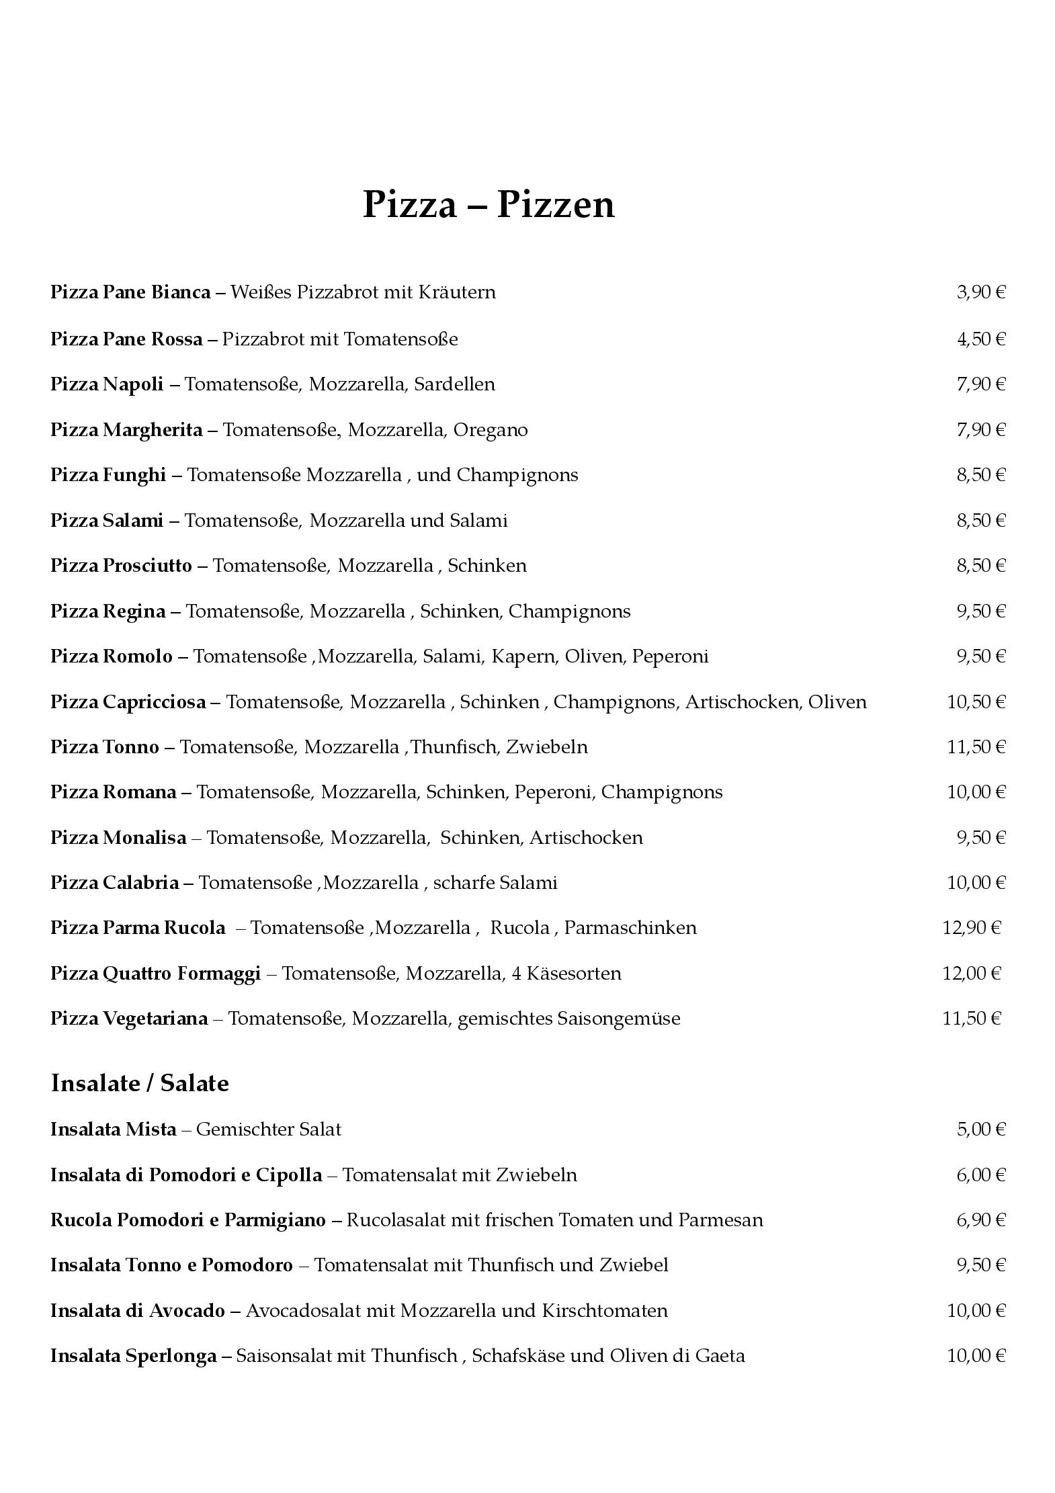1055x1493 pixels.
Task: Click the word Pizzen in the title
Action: tap(556, 204)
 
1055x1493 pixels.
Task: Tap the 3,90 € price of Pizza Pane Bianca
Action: tap(980, 292)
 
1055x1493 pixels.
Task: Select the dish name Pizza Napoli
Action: tap(107, 384)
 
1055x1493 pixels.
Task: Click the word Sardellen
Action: tap(454, 384)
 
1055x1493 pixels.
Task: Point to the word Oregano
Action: tap(491, 430)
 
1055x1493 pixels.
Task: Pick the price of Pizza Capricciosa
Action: tap(976, 702)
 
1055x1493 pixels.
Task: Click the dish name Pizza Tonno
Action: tap(105, 747)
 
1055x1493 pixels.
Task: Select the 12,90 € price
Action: tap(972, 928)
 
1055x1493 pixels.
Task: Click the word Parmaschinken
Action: tap(630, 928)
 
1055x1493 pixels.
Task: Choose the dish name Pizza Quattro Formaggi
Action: tap(155, 974)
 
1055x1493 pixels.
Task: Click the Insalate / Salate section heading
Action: tap(140, 1083)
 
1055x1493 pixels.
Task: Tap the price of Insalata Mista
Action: tap(980, 1129)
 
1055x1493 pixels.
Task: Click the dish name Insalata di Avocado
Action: tap(138, 1310)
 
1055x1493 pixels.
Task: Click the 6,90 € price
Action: tap(980, 1220)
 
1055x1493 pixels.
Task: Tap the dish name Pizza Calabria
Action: tap(114, 883)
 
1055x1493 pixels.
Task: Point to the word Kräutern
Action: tap(457, 292)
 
